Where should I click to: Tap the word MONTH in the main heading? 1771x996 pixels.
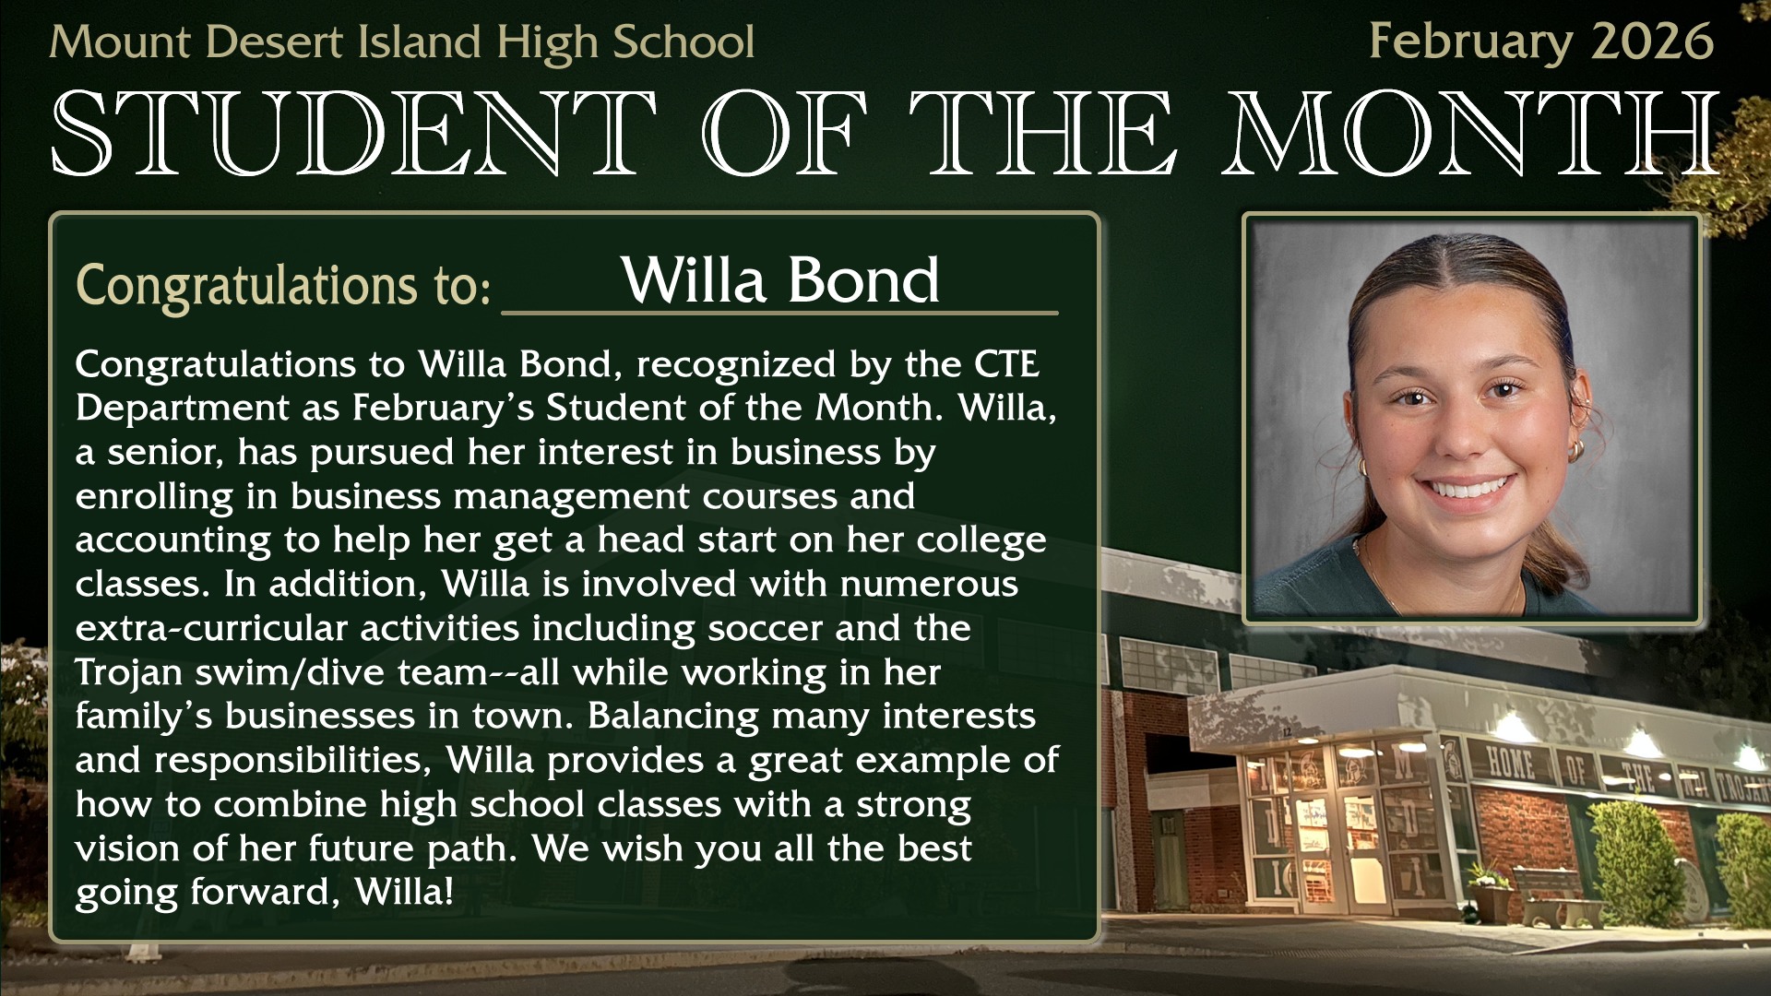[1470, 135]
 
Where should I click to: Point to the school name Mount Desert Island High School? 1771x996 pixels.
[402, 43]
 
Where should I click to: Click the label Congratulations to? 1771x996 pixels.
[283, 285]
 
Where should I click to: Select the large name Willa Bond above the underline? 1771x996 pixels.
[780, 279]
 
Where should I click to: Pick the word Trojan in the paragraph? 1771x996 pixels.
[129, 673]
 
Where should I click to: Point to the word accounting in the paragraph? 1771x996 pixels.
[173, 540]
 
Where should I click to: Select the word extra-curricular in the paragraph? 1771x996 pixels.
[210, 628]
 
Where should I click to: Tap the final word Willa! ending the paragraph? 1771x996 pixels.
[404, 892]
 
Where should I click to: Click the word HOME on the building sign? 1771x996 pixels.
[1511, 764]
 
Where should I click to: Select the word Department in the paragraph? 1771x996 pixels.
[183, 409]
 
